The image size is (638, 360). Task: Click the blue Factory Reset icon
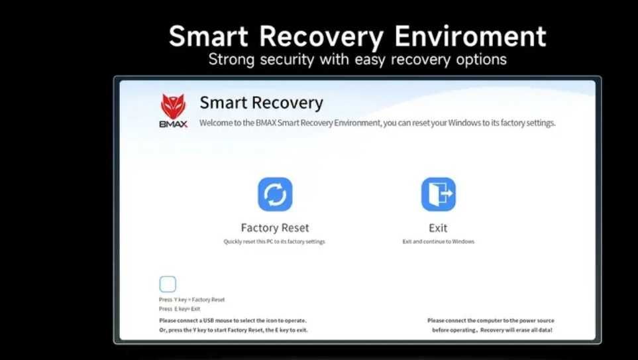click(x=275, y=194)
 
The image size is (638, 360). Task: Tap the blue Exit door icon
click(x=438, y=194)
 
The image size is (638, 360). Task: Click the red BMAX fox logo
click(x=174, y=107)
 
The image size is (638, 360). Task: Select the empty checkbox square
click(x=168, y=284)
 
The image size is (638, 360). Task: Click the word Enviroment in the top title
click(x=471, y=36)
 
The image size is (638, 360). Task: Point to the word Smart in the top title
click(x=209, y=36)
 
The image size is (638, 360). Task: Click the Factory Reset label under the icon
click(x=275, y=227)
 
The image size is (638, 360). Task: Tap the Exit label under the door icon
click(x=438, y=227)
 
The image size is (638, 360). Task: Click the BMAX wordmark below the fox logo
click(x=174, y=124)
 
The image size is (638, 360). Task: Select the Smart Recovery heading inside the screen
click(x=262, y=103)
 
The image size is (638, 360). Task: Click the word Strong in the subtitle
click(x=231, y=60)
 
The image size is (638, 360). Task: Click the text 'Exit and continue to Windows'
click(x=438, y=241)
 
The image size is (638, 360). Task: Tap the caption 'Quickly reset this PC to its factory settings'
click(x=274, y=241)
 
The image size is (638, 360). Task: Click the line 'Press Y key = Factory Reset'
click(x=191, y=300)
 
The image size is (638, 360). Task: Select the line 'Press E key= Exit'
click(x=180, y=309)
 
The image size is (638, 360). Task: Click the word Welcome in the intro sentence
click(x=216, y=123)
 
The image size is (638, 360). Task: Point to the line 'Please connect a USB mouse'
click(x=233, y=320)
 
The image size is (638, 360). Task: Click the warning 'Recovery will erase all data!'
click(x=516, y=330)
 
